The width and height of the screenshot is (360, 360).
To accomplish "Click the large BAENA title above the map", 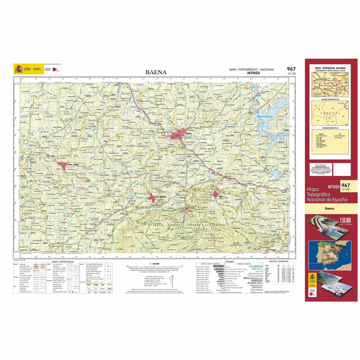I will [156, 72].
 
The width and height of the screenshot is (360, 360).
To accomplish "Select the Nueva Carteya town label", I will [73, 164].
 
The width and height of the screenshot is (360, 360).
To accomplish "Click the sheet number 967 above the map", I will [291, 69].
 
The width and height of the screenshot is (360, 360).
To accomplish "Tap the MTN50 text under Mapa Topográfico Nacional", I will [253, 73].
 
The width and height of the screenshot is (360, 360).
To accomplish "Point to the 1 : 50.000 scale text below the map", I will [154, 264].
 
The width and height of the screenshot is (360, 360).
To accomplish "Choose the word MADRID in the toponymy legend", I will [218, 266].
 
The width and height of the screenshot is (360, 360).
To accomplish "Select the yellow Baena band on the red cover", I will [331, 208].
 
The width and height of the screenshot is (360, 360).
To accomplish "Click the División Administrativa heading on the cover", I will [330, 99].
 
